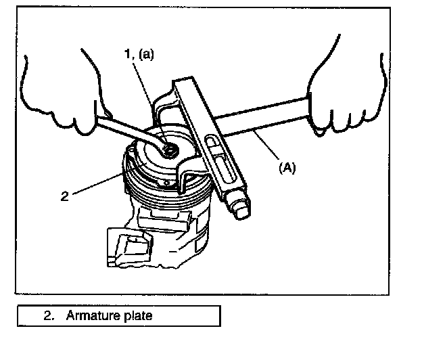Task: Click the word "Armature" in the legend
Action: (x=91, y=316)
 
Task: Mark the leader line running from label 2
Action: (x=95, y=185)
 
